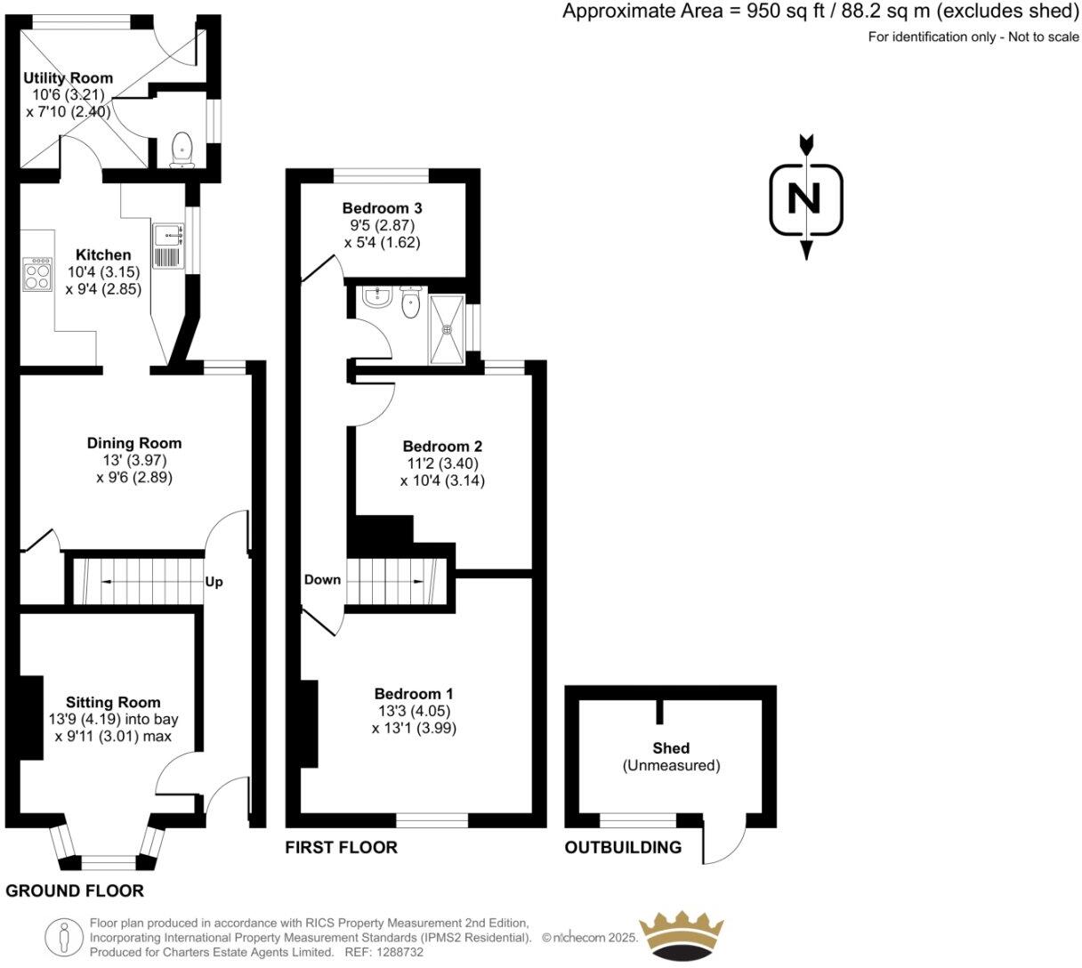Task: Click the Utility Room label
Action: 69,79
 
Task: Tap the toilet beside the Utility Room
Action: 182,149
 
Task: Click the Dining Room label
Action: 133,443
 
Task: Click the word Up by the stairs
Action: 214,583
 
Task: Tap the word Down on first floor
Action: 322,580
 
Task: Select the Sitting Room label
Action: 113,703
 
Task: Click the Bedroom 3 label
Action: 382,208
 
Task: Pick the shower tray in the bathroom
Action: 447,329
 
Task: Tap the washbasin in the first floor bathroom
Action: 378,297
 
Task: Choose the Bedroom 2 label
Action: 442,447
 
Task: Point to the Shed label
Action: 670,749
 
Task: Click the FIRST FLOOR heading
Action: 341,848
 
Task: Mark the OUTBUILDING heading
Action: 623,848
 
